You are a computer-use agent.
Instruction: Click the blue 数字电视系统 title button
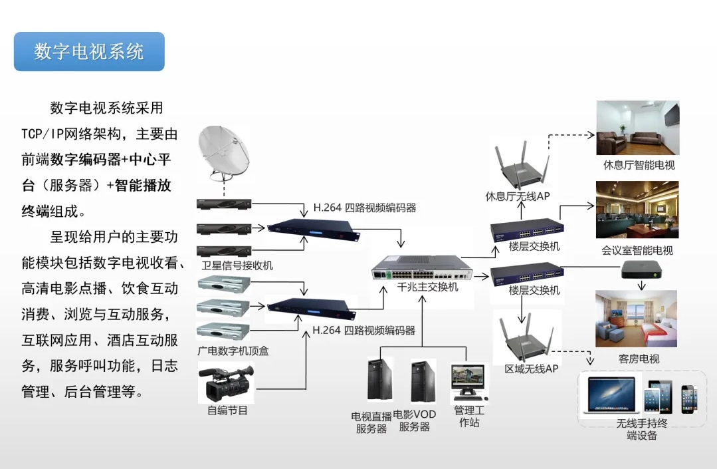click(x=89, y=52)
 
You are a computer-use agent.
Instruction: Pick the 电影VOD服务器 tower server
click(x=423, y=381)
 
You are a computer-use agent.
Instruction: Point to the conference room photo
click(x=637, y=210)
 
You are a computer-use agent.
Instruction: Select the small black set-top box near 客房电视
click(x=641, y=269)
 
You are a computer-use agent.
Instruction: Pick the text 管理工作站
click(x=469, y=416)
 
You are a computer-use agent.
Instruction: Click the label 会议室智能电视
click(x=637, y=250)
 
